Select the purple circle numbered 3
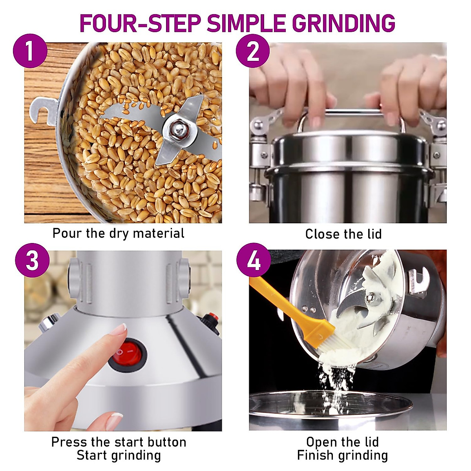[32, 260]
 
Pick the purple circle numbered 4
[254, 260]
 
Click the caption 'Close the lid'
[343, 234]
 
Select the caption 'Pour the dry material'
[119, 234]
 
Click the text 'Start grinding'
[119, 456]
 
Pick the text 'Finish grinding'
[342, 456]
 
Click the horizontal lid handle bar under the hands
[353, 113]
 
